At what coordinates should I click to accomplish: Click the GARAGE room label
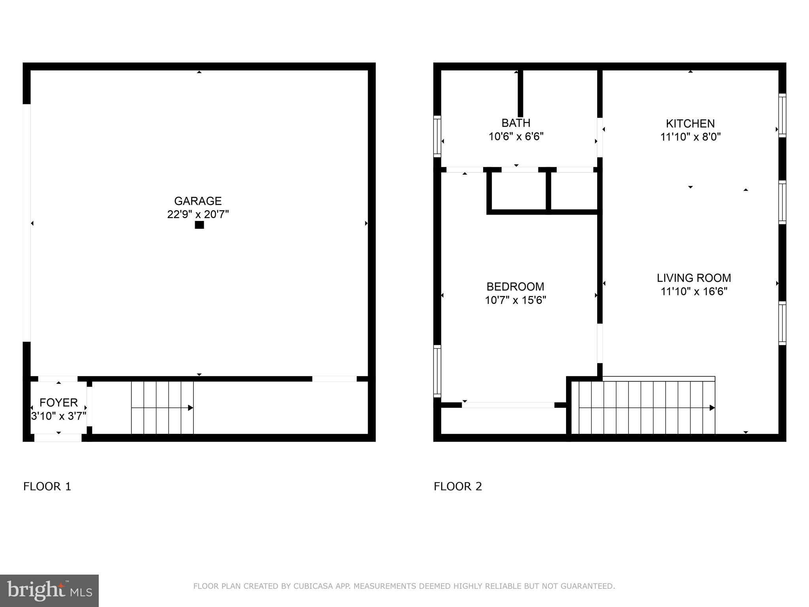tap(198, 201)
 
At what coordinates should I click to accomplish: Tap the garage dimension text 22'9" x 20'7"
tap(198, 215)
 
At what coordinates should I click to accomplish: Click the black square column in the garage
tap(199, 225)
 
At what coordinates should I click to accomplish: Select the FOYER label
tap(58, 403)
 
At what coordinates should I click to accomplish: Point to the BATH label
tap(516, 123)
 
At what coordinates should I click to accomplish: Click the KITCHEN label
tap(690, 124)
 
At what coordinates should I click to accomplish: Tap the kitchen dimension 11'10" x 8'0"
tap(690, 137)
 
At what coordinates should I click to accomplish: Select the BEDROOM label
tap(515, 287)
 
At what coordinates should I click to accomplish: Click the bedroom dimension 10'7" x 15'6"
tap(515, 300)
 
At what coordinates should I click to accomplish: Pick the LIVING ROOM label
tap(694, 278)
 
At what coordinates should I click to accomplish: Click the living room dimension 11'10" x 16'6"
tap(694, 292)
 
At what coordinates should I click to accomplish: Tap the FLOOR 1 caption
tap(47, 486)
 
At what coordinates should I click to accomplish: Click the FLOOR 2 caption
tap(458, 486)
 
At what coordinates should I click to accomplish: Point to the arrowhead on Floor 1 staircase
tap(190, 408)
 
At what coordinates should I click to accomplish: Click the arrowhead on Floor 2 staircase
tap(712, 408)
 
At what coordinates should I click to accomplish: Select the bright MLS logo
tap(49, 591)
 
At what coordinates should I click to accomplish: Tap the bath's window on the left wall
tap(437, 136)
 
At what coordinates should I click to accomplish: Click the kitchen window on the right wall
tap(782, 115)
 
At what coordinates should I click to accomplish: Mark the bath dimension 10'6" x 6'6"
tap(516, 137)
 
